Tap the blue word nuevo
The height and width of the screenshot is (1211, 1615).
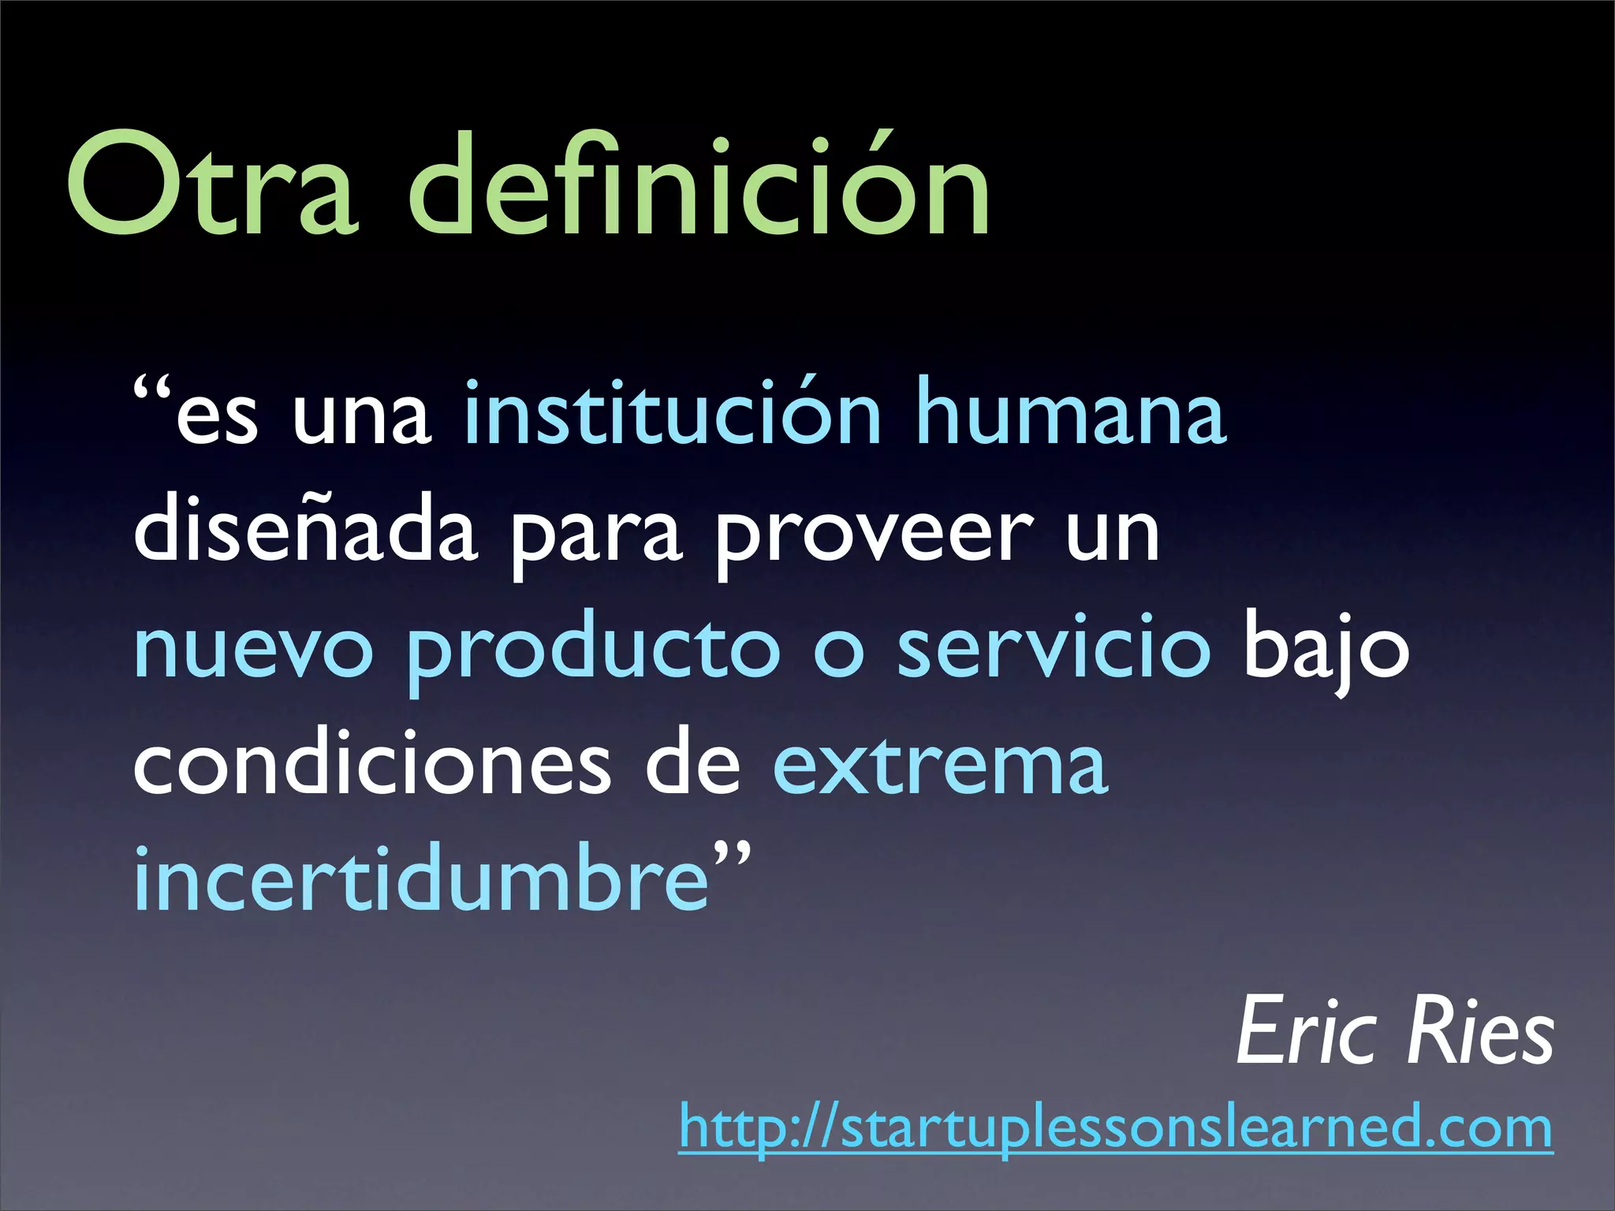click(x=253, y=651)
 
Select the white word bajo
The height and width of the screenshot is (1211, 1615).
click(x=1326, y=651)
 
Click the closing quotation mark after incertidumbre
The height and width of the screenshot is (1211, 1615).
click(x=729, y=856)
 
